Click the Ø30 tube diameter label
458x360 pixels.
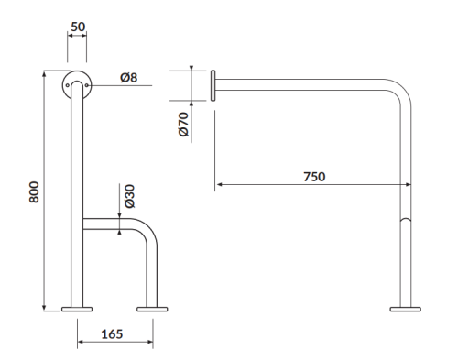pyautogui.click(x=129, y=195)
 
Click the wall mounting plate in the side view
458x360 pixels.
pyautogui.click(x=213, y=84)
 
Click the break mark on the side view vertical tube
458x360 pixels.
pyautogui.click(x=404, y=223)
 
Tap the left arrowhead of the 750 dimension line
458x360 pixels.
pyautogui.click(x=218, y=185)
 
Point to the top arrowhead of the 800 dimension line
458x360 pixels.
pyautogui.click(x=45, y=71)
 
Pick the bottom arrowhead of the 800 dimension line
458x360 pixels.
pyautogui.click(x=45, y=309)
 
